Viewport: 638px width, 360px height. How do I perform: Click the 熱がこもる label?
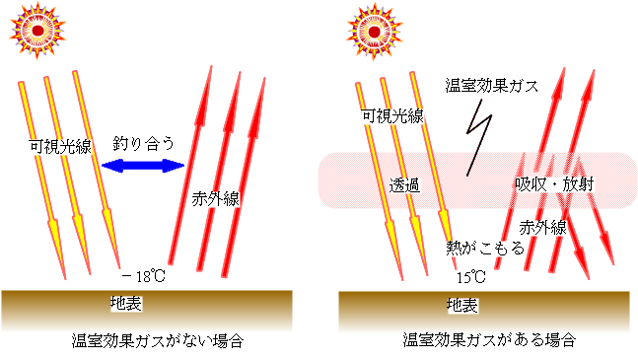click(479, 251)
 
